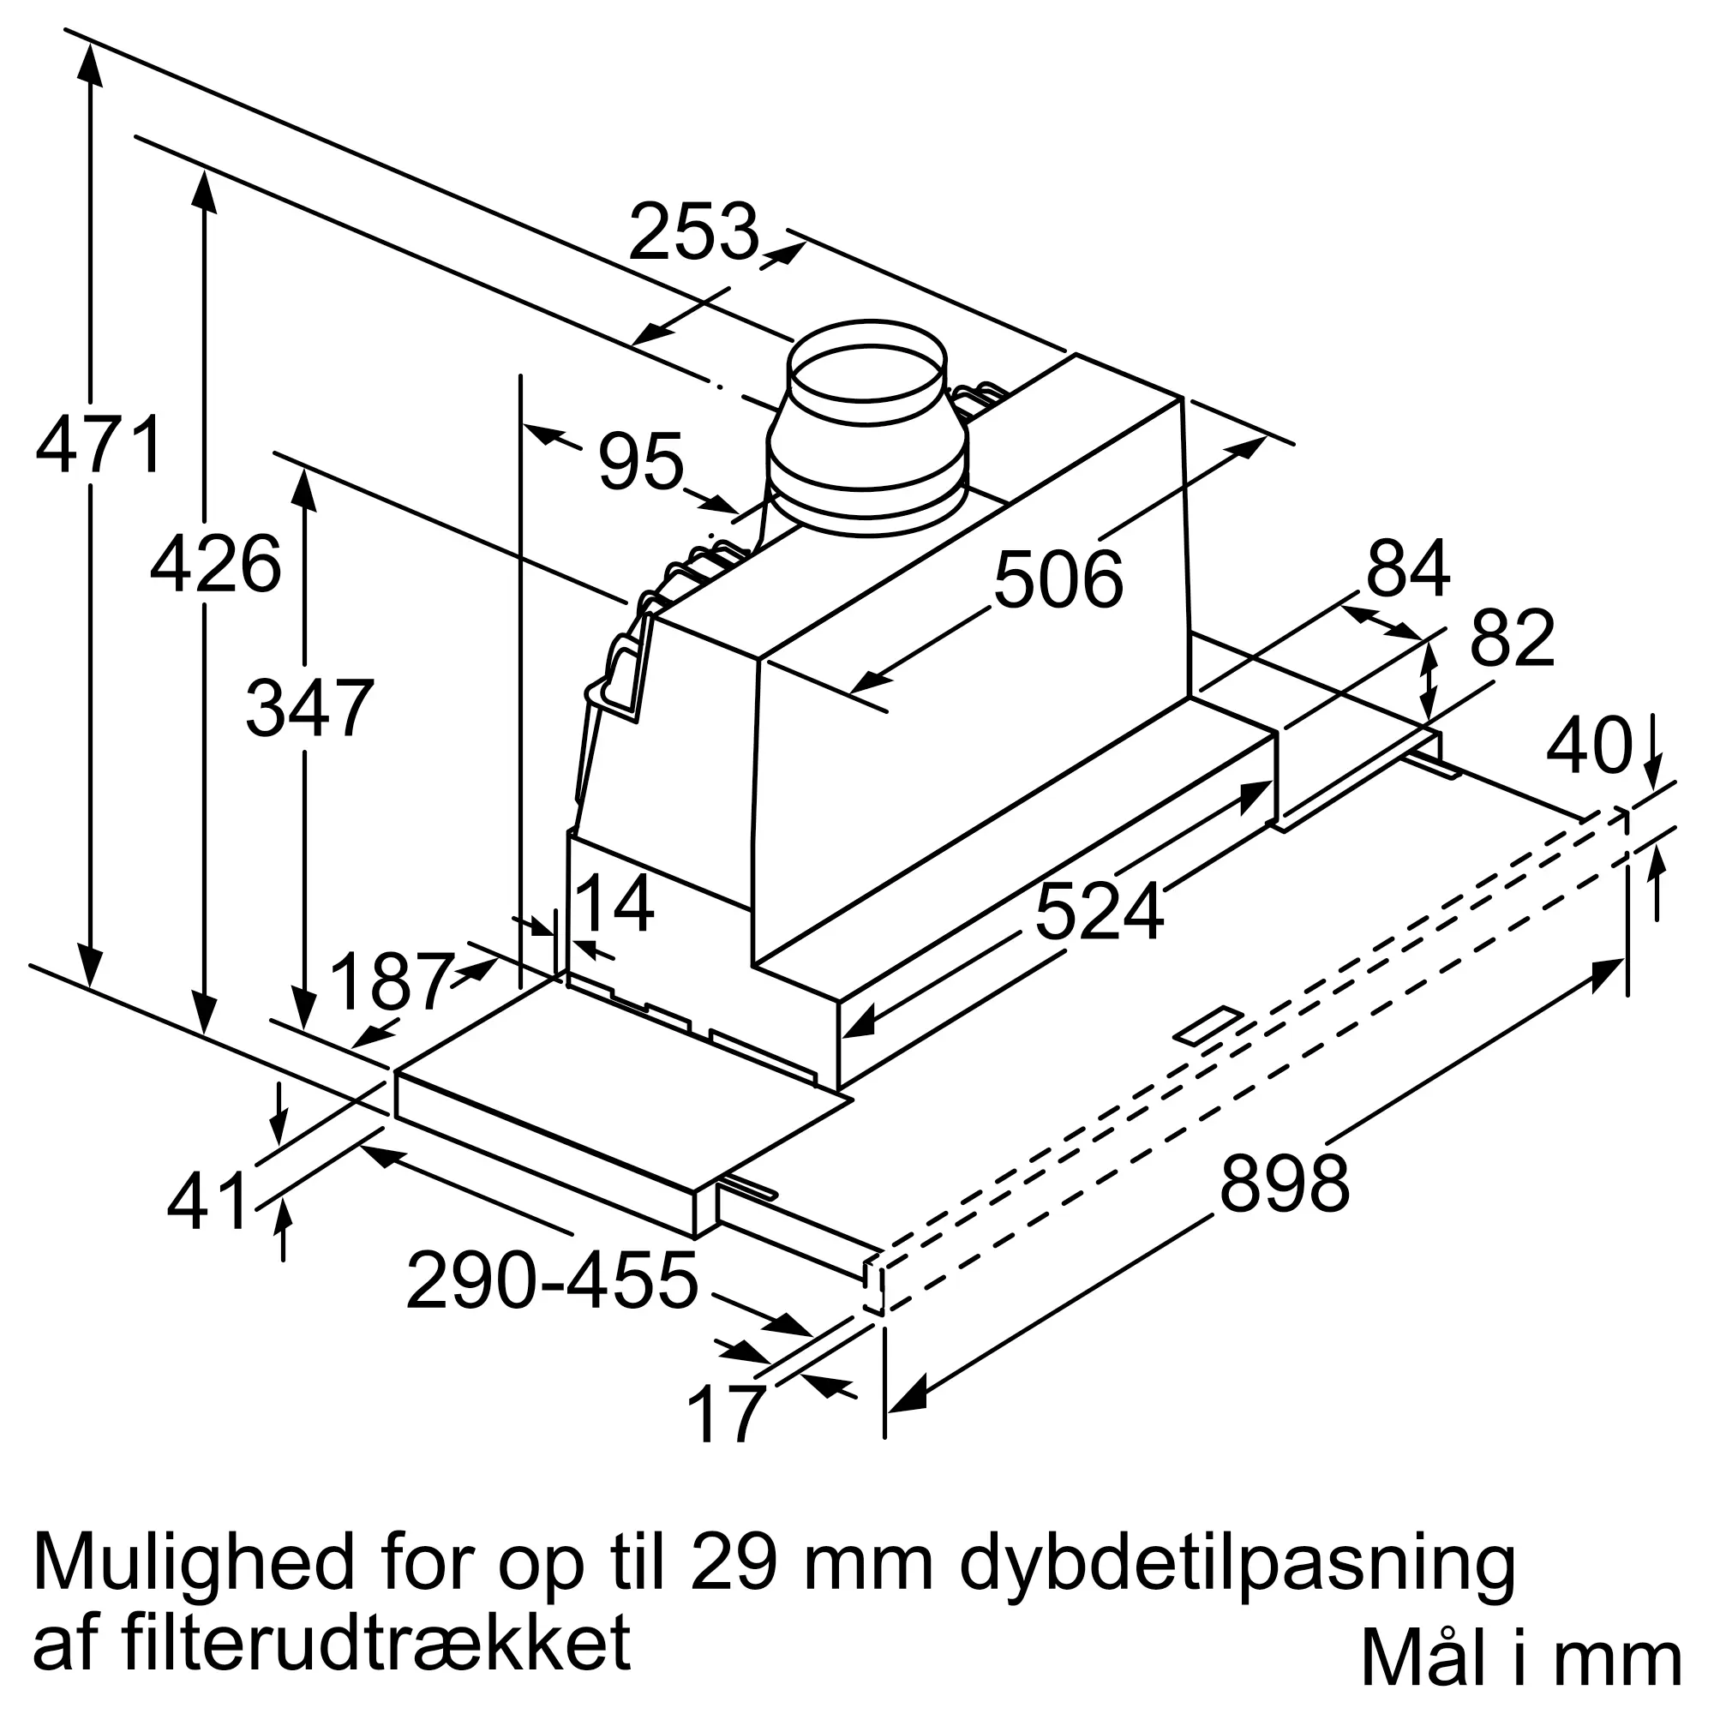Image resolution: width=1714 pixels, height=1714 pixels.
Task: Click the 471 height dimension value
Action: point(99,444)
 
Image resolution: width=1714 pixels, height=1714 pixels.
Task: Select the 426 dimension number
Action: point(216,563)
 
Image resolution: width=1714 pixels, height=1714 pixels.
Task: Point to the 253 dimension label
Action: point(694,231)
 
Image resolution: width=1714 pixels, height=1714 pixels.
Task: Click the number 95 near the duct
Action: point(640,460)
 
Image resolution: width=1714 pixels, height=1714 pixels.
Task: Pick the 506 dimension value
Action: point(1058,579)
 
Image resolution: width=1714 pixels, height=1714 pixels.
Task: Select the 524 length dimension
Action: point(1099,912)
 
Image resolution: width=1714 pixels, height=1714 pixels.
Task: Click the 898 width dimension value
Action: point(1284,1183)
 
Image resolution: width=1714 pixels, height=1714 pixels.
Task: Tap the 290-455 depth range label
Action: point(552,1281)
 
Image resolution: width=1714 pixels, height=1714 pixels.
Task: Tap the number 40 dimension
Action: point(1588,746)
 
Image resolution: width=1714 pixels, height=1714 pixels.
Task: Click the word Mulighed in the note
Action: point(193,1562)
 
